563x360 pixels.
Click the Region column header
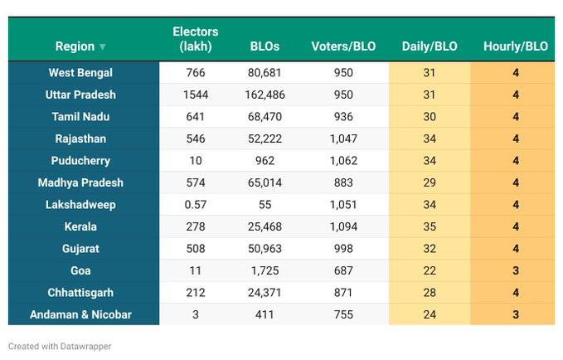click(x=75, y=46)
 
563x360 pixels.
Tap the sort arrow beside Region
click(x=103, y=47)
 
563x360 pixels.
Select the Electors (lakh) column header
click(x=196, y=39)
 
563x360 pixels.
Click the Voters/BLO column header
click(x=343, y=46)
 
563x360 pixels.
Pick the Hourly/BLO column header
click(x=515, y=46)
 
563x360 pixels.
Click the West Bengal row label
click(x=81, y=73)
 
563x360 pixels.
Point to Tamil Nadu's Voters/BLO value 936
click(x=343, y=117)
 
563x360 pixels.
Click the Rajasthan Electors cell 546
click(x=196, y=139)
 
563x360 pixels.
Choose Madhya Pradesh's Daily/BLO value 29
click(x=429, y=182)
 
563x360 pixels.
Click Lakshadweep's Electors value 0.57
click(x=196, y=205)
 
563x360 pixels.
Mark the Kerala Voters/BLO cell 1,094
click(x=343, y=226)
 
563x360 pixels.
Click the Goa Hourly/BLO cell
click(x=515, y=270)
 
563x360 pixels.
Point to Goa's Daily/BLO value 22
click(x=429, y=270)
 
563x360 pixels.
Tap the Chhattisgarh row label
click(x=80, y=293)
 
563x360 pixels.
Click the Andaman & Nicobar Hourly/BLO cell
click(x=515, y=314)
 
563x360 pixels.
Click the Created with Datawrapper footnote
click(x=60, y=347)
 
